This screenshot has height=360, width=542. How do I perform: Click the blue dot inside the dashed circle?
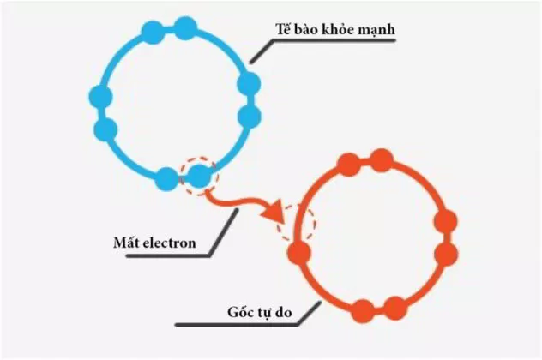199,176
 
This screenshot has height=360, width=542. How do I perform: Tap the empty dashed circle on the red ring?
296,223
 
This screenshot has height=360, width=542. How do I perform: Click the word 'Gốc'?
239,312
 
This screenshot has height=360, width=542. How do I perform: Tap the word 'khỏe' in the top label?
338,29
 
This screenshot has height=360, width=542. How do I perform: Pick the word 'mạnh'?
376,30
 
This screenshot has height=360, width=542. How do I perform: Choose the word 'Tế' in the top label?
283,28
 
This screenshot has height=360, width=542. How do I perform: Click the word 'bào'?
307,29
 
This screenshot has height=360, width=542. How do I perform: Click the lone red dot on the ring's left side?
299,253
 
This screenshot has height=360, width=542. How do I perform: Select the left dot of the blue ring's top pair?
153,33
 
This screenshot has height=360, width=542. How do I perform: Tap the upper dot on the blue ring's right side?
249,84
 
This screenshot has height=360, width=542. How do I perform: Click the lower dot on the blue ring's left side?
105,129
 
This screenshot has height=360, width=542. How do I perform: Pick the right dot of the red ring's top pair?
382,160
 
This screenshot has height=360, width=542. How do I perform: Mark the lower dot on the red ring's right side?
446,254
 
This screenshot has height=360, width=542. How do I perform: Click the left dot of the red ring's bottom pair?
363,311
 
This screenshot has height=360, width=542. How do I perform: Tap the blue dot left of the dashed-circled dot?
167,179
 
